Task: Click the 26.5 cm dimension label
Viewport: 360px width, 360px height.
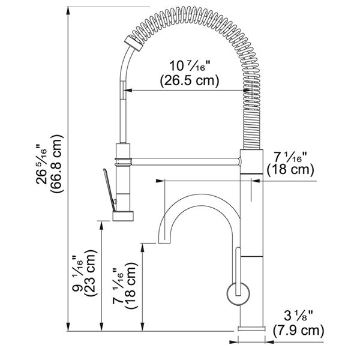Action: coord(190,80)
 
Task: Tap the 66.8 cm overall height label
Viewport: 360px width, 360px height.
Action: coord(56,163)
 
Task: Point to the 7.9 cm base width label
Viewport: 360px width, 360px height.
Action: coord(298,331)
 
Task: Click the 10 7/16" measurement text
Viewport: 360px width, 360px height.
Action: coord(190,65)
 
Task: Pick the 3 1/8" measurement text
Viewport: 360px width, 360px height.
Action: coord(298,316)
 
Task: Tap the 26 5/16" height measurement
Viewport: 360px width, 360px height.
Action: coord(41,164)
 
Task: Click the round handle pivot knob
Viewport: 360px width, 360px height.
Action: coord(238,293)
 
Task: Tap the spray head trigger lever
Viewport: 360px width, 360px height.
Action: coord(109,190)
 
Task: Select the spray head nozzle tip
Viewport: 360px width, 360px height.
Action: coord(123,216)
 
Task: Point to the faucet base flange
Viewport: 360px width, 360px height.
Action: coord(251,328)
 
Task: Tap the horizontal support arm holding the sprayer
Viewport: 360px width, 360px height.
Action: coord(185,161)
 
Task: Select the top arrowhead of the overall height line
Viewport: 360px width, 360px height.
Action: coord(68,11)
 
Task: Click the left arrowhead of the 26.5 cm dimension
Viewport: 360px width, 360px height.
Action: coord(128,91)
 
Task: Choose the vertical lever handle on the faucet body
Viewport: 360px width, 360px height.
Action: coord(238,271)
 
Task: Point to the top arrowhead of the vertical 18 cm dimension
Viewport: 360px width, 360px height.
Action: coord(143,247)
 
